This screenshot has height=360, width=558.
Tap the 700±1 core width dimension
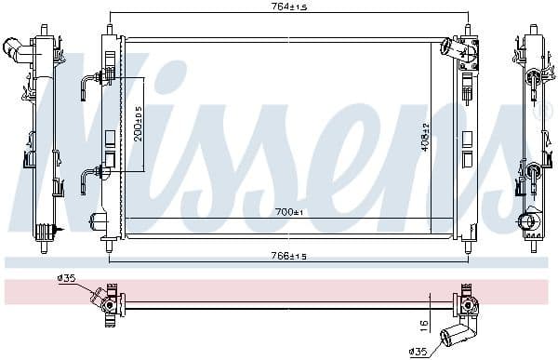(x=288, y=213)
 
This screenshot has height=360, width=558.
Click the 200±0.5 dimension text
(x=139, y=122)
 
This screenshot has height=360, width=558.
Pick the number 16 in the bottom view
(x=423, y=325)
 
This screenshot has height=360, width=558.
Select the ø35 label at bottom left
(x=66, y=277)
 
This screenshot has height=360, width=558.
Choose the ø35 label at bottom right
(x=418, y=352)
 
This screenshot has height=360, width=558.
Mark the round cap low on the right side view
(x=528, y=223)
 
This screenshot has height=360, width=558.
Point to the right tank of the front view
(x=469, y=140)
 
